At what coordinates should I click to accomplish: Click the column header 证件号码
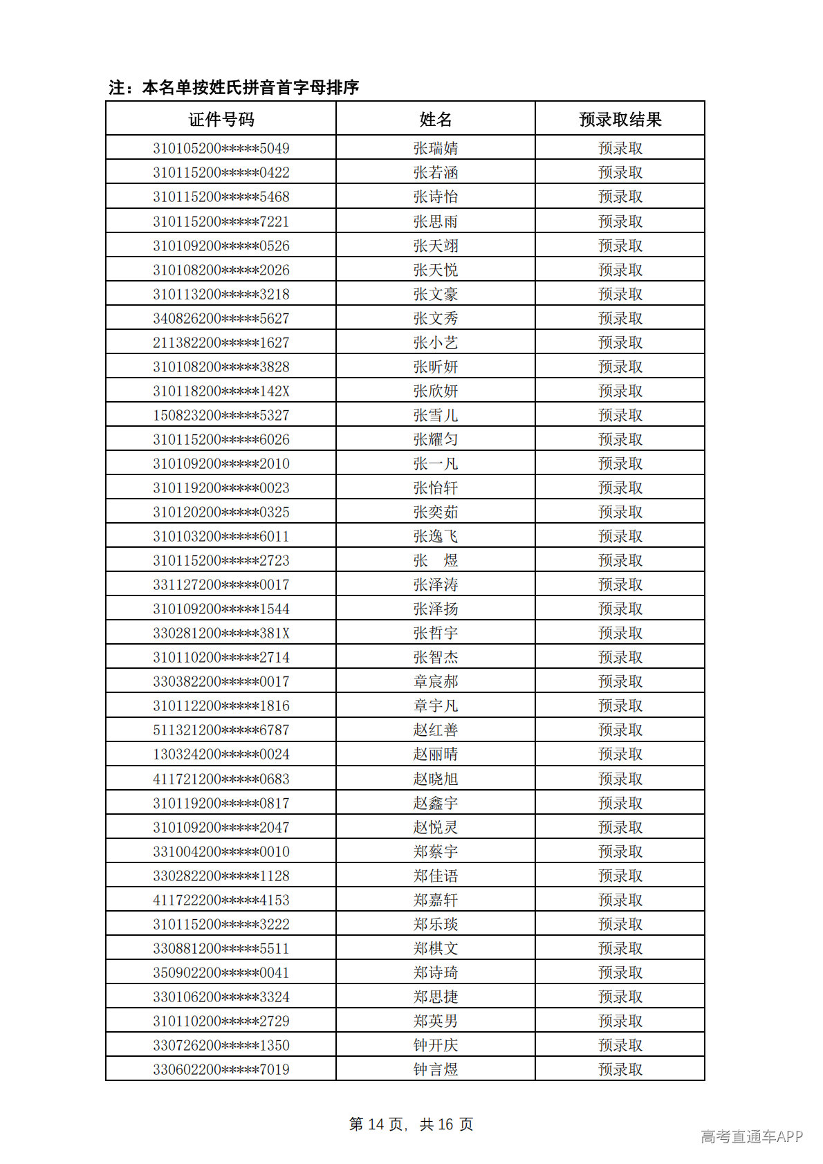point(221,120)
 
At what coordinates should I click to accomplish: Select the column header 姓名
point(436,120)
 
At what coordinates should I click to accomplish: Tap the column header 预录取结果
point(620,120)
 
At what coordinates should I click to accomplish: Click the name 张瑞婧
point(436,148)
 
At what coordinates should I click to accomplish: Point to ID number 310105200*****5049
point(221,148)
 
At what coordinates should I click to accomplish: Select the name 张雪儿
point(436,415)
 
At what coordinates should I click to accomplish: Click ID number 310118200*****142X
point(221,391)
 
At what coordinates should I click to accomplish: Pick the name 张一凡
point(436,463)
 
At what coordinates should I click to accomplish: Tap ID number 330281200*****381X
point(221,633)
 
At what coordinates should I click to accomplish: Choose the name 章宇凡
point(436,705)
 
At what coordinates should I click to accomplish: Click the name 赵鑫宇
point(436,803)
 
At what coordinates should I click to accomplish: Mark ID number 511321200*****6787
point(221,730)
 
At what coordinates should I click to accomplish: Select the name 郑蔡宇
point(436,851)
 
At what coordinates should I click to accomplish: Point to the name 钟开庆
point(436,1045)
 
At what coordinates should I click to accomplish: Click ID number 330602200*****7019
point(221,1069)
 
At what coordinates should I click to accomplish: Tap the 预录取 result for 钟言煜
point(620,1069)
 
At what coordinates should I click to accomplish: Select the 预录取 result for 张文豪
point(620,294)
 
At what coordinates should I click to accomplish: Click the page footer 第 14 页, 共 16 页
point(411,1124)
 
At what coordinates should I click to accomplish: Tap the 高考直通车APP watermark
point(752,1136)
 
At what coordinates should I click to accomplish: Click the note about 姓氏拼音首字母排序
point(234,87)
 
